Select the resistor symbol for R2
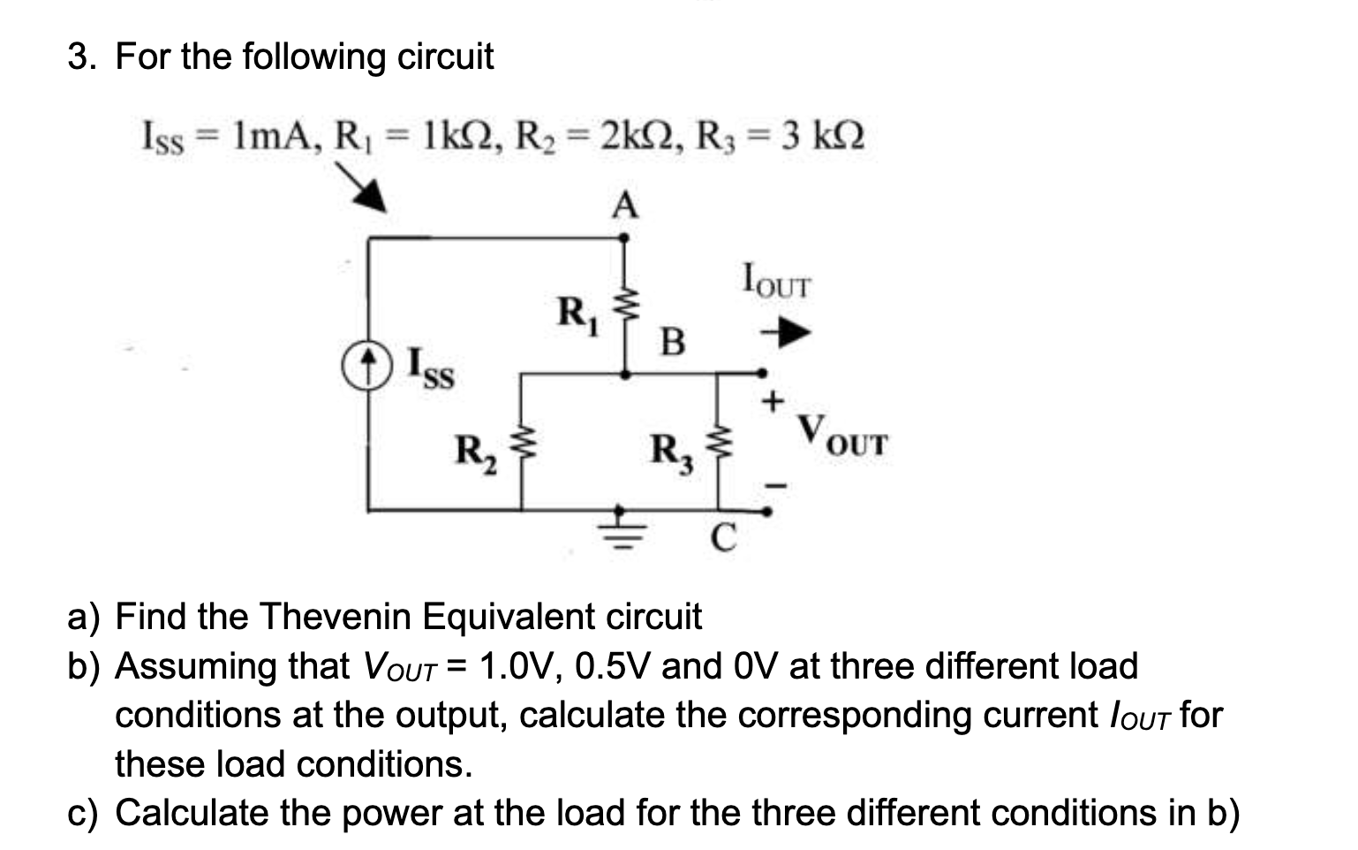522,442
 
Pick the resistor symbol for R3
718,442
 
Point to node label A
625,206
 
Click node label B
673,341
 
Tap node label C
723,536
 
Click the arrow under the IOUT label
786,334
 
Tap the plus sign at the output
773,402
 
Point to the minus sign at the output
773,485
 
